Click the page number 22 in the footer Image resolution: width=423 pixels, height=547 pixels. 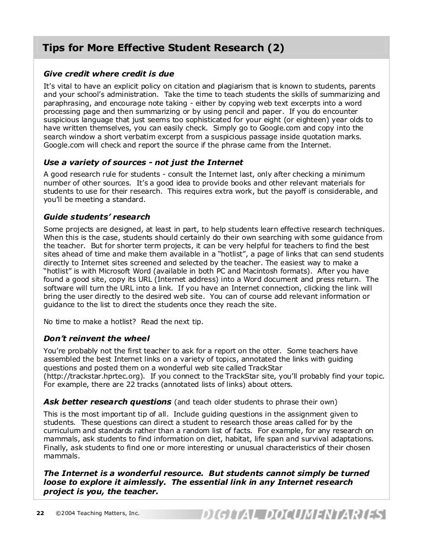[x=40, y=514]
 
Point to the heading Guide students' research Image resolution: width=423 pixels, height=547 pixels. [x=96, y=217]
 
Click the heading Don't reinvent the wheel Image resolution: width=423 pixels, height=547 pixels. [x=96, y=338]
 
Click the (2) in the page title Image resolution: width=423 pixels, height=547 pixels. [x=275, y=48]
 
